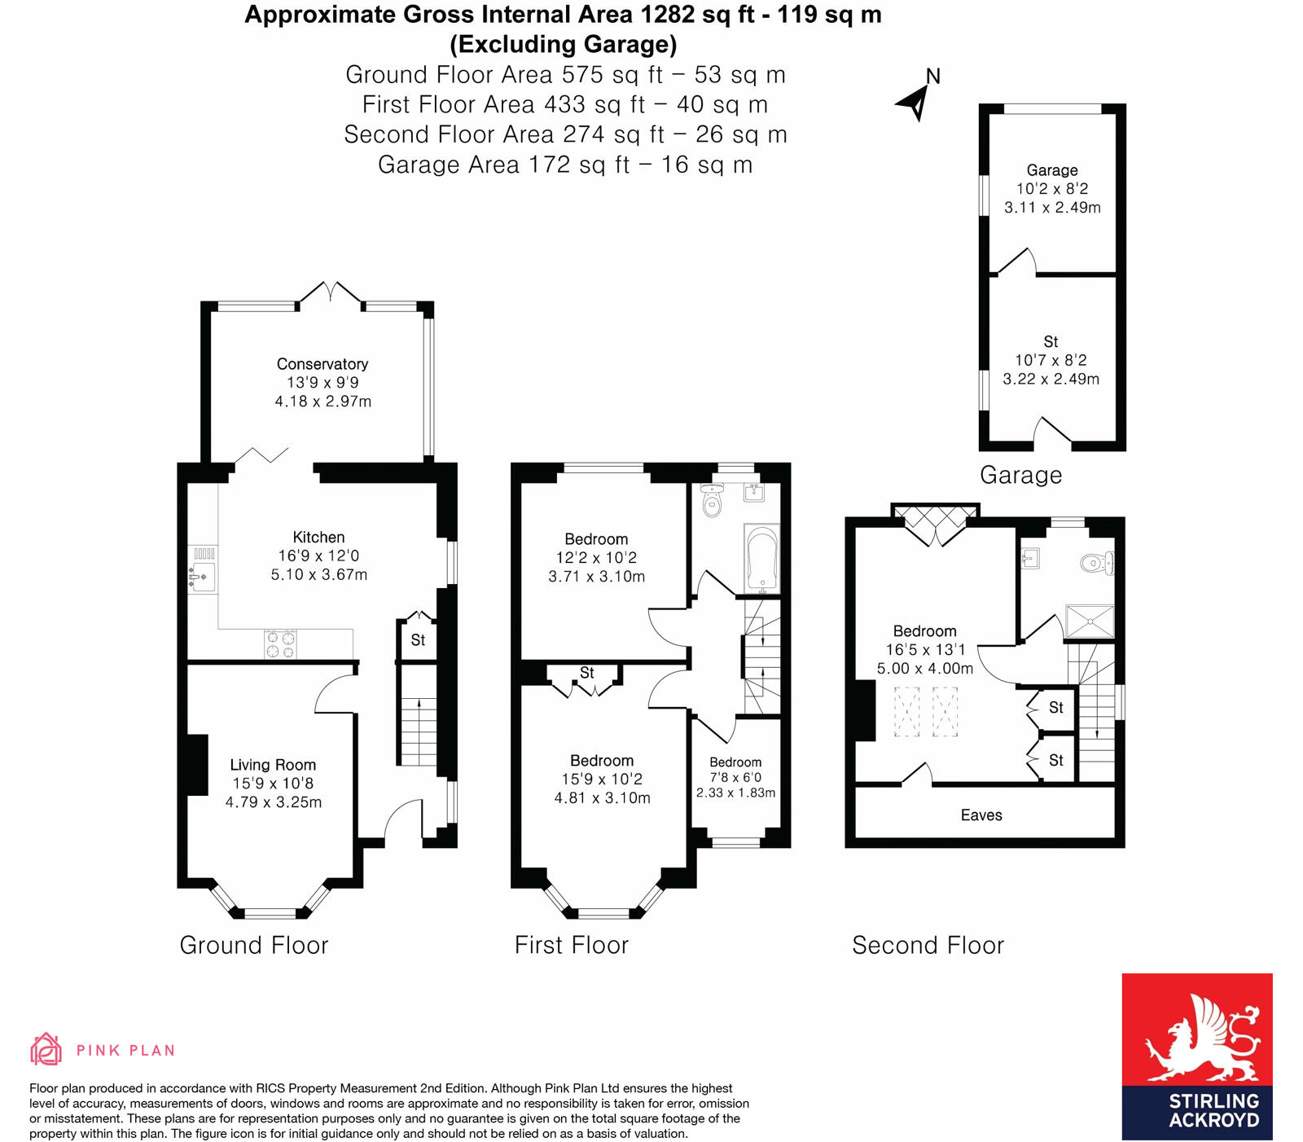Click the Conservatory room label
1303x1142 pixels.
322,364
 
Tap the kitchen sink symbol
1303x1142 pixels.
201,575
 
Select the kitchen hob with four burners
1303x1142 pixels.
280,644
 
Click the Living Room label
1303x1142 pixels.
272,765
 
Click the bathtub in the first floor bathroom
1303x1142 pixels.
762,559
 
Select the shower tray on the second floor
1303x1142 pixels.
1089,622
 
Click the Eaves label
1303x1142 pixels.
981,815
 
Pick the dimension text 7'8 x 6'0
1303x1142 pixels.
735,778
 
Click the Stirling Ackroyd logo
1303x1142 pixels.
1196,1056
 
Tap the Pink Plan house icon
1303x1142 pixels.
46,1049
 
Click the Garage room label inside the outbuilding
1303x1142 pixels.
1051,170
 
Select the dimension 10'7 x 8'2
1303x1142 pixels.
1051,360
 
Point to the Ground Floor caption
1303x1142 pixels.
254,945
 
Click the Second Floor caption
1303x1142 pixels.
928,945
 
